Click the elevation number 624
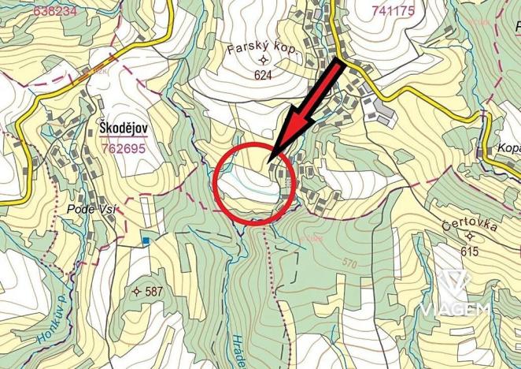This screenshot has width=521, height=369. pos(263,76)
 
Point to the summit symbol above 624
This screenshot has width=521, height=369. pos(263,61)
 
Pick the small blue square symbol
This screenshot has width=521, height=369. pos(146,240)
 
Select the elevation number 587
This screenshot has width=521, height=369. pos(153,292)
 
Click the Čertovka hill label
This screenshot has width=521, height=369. pos(471,224)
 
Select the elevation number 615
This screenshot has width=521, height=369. pos(471,252)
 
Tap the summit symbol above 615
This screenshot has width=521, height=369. pos(471,237)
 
